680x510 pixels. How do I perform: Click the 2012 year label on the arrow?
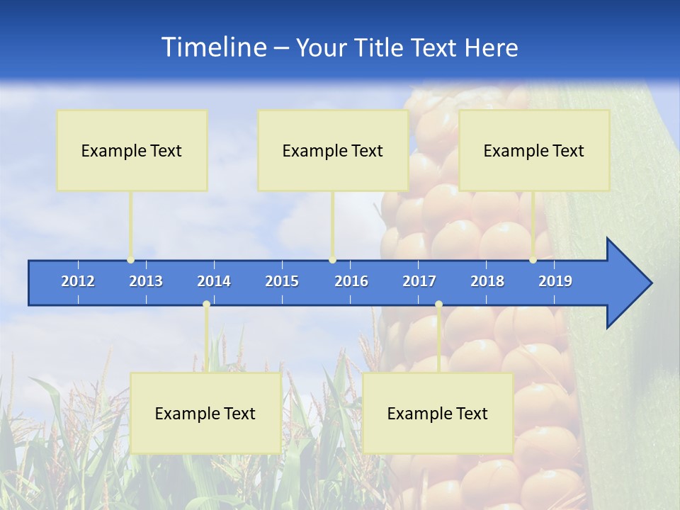tap(78, 281)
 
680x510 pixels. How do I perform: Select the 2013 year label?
tap(146, 281)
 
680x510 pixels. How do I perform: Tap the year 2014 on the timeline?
tap(214, 281)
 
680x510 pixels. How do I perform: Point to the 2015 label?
tap(282, 281)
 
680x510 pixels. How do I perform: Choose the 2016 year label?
tap(351, 281)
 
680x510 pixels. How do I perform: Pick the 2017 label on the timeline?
tap(419, 281)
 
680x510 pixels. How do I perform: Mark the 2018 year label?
tap(487, 281)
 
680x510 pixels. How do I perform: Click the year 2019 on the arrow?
tap(555, 281)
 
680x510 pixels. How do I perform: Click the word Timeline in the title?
tap(213, 47)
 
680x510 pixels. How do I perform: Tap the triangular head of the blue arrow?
tap(627, 283)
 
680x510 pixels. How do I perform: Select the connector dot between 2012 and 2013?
tap(130, 260)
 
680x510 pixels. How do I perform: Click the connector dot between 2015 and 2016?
tap(332, 260)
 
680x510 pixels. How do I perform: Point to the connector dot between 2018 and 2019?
tap(533, 260)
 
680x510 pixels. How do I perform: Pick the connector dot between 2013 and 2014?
tap(206, 305)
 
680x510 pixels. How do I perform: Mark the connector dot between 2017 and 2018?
tap(438, 305)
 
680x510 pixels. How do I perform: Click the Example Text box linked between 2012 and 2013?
tap(132, 151)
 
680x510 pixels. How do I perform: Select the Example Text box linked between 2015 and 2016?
tap(333, 151)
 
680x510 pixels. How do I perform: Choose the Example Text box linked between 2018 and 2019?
tap(534, 151)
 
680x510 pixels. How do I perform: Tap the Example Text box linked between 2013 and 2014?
tap(205, 413)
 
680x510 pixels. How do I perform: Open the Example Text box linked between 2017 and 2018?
tap(438, 413)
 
